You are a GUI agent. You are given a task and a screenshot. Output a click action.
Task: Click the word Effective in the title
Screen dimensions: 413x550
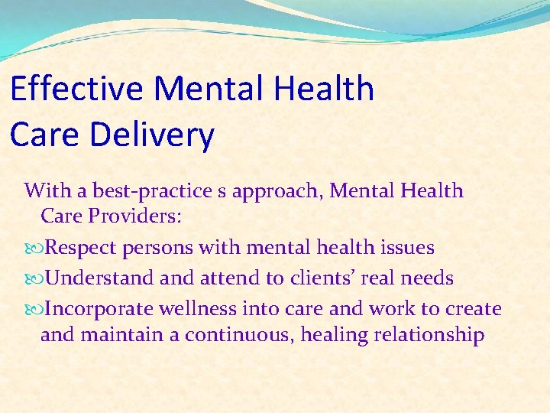(x=77, y=89)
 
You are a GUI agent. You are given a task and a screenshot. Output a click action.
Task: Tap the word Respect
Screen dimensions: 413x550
(x=81, y=248)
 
